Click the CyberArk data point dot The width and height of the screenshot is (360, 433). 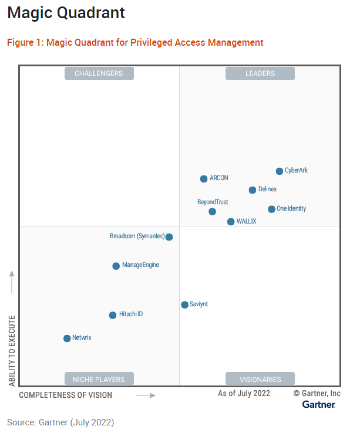click(280, 171)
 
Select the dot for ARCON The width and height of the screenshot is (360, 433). click(204, 179)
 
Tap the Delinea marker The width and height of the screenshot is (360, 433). click(253, 190)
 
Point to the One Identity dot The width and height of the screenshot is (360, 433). click(271, 209)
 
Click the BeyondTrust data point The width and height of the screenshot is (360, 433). click(212, 212)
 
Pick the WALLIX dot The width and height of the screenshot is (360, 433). click(231, 222)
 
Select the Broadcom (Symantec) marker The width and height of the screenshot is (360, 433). click(169, 237)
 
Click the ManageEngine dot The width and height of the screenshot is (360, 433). click(116, 266)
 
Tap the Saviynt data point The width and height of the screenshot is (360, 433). click(184, 305)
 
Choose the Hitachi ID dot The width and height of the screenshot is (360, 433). click(113, 315)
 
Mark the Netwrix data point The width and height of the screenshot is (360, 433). click(67, 339)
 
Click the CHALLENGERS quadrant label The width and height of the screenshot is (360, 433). click(99, 73)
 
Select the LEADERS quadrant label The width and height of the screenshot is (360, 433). click(260, 73)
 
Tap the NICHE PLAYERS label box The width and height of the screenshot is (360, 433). click(99, 379)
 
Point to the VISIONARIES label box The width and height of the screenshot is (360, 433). click(260, 379)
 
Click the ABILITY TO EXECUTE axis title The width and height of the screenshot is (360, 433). click(12, 350)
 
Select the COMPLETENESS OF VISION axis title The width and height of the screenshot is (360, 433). click(65, 395)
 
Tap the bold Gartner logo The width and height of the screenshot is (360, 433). click(319, 404)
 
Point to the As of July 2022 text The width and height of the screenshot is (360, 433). click(244, 393)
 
